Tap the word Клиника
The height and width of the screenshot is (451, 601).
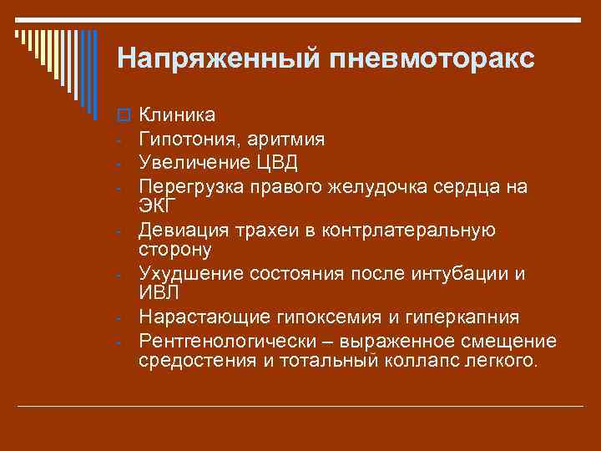177,114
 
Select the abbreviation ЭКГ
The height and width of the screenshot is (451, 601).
157,205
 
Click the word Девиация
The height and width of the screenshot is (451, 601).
179,230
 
